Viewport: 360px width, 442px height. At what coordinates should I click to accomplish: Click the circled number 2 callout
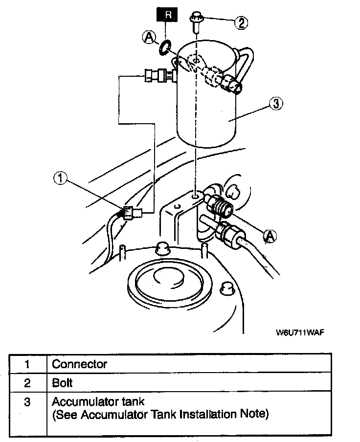(x=241, y=22)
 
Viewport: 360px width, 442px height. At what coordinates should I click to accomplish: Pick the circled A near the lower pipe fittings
(x=270, y=236)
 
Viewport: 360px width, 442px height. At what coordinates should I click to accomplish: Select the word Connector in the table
(x=79, y=364)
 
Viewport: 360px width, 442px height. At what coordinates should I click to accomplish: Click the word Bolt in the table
(x=62, y=383)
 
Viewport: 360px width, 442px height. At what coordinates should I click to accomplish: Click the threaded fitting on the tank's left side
(x=159, y=75)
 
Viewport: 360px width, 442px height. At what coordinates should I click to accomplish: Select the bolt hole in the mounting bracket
(x=196, y=196)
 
